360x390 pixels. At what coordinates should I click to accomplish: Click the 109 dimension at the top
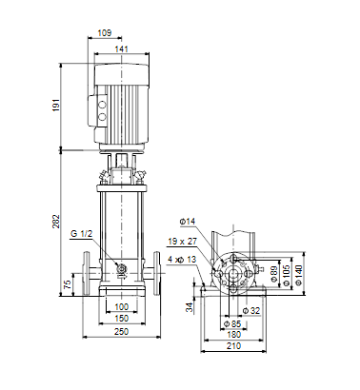click(x=105, y=32)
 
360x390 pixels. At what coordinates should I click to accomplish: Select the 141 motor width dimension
click(x=121, y=49)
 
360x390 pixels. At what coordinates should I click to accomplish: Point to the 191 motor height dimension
click(x=56, y=105)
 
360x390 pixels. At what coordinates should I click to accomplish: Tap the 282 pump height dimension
click(x=56, y=222)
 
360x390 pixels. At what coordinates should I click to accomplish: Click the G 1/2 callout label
click(x=81, y=234)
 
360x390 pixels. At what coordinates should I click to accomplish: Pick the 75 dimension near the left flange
click(x=68, y=284)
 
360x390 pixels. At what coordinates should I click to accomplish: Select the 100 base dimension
click(x=121, y=306)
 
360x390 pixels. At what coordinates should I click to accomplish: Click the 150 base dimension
click(x=121, y=318)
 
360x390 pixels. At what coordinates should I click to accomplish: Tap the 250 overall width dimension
click(x=121, y=331)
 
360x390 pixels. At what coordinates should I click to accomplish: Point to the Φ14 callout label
click(x=188, y=222)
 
